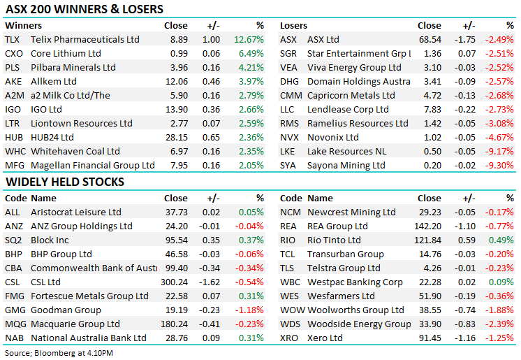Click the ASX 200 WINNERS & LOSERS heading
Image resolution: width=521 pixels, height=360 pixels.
pyautogui.click(x=84, y=10)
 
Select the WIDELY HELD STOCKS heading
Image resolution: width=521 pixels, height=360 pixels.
pyautogui.click(x=65, y=182)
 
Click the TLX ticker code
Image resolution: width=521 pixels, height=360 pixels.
pyautogui.click(x=13, y=40)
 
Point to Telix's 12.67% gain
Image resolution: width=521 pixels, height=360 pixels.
pyautogui.click(x=249, y=40)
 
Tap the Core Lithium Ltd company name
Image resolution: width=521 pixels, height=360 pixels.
pyautogui.click(x=66, y=54)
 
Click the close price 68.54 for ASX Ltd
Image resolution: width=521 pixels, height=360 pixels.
pyautogui.click(x=429, y=40)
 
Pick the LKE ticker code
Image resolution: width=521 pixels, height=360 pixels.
pyautogui.click(x=288, y=152)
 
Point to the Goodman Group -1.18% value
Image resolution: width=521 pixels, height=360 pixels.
pyautogui.click(x=249, y=310)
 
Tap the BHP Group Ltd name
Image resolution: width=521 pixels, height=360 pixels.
pyautogui.click(x=61, y=254)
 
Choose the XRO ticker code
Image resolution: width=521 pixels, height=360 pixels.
pyautogui.click(x=289, y=338)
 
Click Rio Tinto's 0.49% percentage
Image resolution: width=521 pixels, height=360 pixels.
pyautogui.click(x=501, y=240)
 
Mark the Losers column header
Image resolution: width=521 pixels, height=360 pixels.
pyautogui.click(x=293, y=26)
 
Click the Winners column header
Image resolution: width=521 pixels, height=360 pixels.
pyautogui.click(x=23, y=26)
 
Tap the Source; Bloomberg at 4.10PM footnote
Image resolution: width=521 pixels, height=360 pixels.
pyautogui.click(x=59, y=353)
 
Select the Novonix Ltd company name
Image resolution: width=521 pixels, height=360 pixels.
pyautogui.click(x=333, y=138)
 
